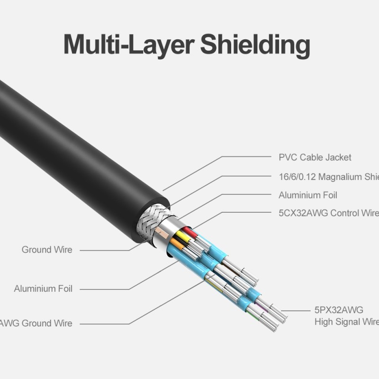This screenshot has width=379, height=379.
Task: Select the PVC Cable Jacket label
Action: click(315, 157)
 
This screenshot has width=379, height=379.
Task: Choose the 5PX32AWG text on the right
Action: click(338, 310)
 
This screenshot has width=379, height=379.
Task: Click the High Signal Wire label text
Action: click(346, 322)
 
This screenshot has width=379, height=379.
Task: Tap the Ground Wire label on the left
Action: click(47, 249)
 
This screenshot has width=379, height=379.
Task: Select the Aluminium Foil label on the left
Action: click(43, 289)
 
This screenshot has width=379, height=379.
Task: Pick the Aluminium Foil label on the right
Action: click(307, 195)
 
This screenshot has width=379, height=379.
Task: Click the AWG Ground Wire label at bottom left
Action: click(36, 324)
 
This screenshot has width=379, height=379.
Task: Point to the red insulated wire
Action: click(189, 232)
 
